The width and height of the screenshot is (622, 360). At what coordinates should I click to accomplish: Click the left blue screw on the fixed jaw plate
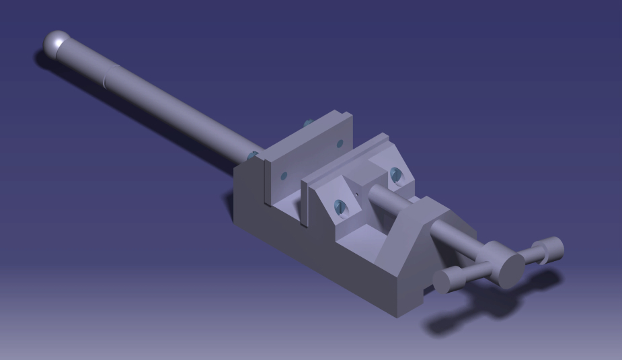(283, 176)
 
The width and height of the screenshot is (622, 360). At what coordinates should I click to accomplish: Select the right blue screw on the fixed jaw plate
(339, 143)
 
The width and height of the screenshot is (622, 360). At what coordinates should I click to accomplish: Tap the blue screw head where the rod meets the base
(254, 155)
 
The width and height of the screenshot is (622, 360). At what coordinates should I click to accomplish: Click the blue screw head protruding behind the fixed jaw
(307, 122)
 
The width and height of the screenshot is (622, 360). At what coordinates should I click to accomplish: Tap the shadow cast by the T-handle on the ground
(471, 316)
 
